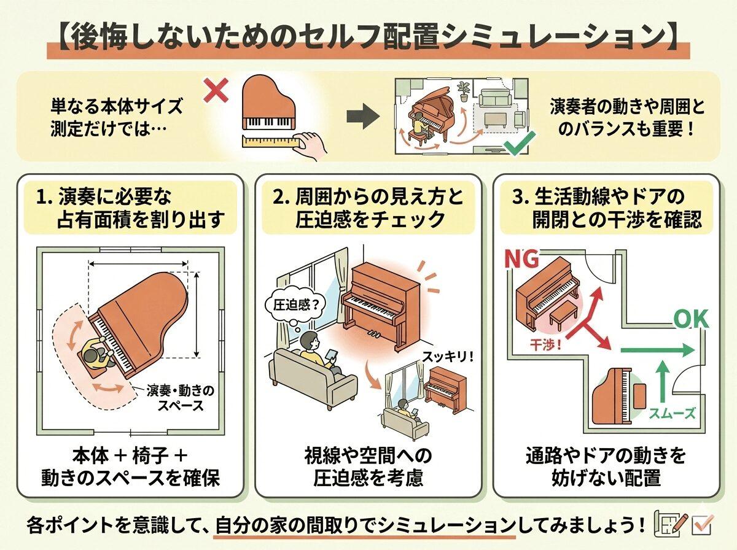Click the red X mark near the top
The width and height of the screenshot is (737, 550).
216,92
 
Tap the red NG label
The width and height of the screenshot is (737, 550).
522,260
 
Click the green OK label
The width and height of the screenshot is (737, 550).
692,319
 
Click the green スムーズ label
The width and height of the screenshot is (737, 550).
673,413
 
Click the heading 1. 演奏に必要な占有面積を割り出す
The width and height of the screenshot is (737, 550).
130,209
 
